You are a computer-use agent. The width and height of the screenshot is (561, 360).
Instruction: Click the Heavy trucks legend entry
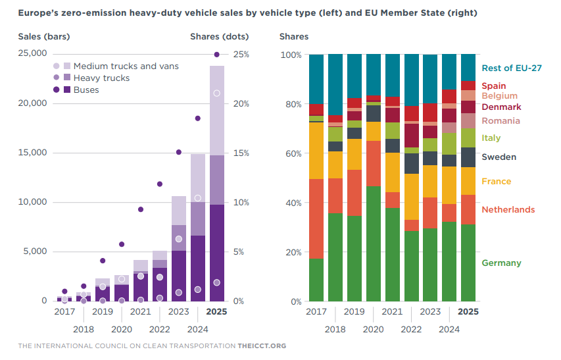click(101, 78)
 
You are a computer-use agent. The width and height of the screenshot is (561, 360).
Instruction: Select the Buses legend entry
click(86, 90)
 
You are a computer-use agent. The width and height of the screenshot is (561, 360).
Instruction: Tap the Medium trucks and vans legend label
click(126, 66)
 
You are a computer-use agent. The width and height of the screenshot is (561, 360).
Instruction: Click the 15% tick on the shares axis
click(239, 153)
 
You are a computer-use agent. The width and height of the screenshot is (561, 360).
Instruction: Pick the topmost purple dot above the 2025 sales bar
click(217, 55)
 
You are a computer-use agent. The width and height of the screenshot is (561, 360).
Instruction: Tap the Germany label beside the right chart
click(501, 263)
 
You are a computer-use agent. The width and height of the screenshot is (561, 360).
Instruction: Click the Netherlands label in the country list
click(508, 209)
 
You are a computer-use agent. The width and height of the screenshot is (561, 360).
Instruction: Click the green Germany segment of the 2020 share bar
click(374, 244)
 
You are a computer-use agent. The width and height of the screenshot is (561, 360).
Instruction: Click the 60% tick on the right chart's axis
click(291, 153)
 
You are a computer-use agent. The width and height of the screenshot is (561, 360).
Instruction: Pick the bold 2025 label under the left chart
click(217, 312)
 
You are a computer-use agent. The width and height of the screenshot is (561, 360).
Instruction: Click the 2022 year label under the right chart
click(412, 329)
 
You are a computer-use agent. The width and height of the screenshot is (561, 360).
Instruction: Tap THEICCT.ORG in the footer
click(262, 346)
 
